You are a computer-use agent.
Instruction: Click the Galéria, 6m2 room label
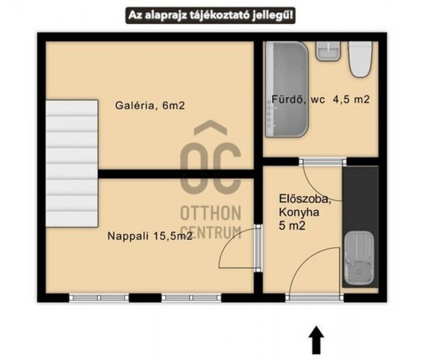150,105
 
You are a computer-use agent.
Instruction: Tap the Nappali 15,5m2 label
150,235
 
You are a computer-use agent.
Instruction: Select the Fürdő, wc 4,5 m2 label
321,99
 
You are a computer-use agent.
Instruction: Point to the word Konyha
299,212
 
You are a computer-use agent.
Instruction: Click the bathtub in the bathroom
287,89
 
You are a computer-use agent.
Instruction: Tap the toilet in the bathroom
360,59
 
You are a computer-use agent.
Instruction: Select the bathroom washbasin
328,51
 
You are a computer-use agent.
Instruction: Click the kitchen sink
359,259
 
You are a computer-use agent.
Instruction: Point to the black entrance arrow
316,339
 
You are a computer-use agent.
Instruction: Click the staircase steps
72,163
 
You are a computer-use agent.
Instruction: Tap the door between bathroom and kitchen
323,181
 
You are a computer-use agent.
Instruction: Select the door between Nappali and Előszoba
240,248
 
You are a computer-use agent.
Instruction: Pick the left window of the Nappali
99,298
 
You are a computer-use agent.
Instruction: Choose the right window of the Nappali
191,298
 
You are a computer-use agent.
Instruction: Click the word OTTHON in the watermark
211,213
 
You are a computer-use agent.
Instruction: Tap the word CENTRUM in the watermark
211,232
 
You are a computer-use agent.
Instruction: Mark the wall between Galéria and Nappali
176,174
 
